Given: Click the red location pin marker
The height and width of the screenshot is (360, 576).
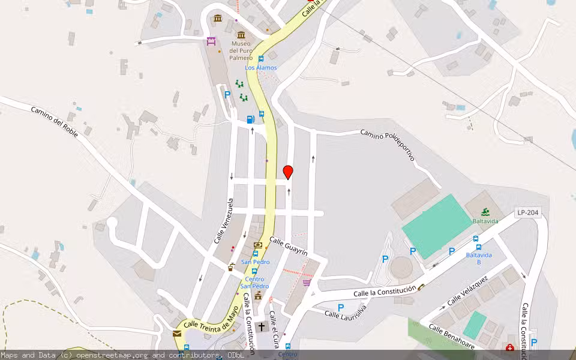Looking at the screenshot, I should [288, 172].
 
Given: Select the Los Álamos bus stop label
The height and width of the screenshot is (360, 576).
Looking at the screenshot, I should [261, 68].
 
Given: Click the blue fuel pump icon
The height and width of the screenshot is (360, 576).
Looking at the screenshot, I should [250, 119].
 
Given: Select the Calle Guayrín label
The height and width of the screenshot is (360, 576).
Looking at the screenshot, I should [289, 247].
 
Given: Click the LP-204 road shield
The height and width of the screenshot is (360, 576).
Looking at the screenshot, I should [529, 213].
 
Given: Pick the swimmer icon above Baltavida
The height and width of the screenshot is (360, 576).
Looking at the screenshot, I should [485, 211].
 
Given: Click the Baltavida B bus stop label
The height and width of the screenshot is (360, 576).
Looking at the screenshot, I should [478, 259].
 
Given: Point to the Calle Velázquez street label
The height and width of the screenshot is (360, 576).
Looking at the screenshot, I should [467, 291].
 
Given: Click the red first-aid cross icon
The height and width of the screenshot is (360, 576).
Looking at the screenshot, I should [509, 347].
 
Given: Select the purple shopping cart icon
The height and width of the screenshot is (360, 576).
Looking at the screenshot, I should [307, 282].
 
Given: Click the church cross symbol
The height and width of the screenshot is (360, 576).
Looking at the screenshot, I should [261, 327].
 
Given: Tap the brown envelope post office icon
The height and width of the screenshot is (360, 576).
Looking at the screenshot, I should [177, 334].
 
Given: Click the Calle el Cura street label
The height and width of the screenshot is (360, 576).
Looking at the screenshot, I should [275, 325].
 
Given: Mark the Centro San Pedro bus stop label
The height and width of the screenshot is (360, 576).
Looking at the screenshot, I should [254, 283].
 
